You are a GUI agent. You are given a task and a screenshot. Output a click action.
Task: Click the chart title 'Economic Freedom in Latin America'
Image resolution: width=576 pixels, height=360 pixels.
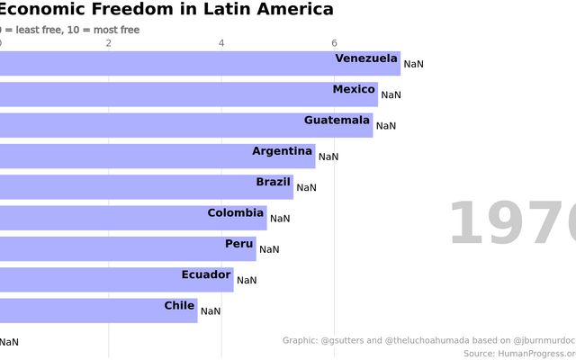tap(166, 10)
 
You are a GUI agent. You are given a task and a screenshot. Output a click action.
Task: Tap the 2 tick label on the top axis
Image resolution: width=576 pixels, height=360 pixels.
tap(109, 43)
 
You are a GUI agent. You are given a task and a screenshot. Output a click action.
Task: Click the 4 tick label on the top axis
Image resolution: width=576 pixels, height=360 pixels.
tap(221, 43)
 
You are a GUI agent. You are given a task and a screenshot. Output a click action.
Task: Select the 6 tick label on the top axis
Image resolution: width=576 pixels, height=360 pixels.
tap(334, 43)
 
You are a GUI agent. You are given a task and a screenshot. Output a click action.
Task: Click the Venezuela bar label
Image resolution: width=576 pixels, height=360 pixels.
tap(366, 58)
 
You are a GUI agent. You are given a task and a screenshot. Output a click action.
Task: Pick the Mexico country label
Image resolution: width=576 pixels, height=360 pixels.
tap(354, 89)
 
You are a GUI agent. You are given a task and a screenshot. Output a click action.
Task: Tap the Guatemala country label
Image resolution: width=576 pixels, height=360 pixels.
tap(337, 120)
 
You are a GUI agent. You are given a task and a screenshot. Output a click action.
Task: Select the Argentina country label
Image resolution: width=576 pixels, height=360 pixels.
tap(282, 150)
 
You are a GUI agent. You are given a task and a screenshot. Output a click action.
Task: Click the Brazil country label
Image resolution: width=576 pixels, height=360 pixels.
tap(274, 182)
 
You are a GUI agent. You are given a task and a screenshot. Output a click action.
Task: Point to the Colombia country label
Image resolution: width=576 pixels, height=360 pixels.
tap(236, 212)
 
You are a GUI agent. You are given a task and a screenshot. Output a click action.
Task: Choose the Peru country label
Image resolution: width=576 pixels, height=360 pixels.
tap(239, 243)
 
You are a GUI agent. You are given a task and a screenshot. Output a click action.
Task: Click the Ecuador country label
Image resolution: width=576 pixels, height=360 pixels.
tap(206, 274)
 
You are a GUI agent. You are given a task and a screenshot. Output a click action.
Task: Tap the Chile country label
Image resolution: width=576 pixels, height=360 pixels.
tap(179, 305)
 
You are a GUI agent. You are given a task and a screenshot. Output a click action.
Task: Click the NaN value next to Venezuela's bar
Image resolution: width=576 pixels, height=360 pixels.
tap(413, 64)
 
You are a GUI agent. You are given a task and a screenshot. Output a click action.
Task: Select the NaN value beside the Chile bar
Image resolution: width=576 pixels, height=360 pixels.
tap(211, 311)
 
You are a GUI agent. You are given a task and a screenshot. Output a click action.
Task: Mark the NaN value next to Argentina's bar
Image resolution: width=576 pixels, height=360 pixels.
tap(328, 157)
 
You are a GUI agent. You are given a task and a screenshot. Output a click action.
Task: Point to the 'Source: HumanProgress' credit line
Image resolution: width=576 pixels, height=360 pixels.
tap(519, 354)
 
